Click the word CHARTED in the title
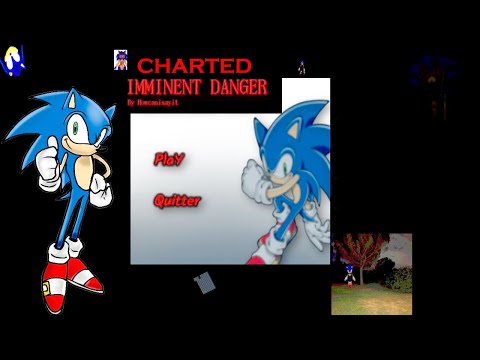coord(193,66)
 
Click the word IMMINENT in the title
coord(163,87)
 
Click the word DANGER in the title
coord(237,87)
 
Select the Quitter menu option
coord(177,201)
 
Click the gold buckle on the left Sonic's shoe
coord(46,290)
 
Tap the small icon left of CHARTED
coord(121,60)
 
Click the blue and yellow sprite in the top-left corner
coord(13,60)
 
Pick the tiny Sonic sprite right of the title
coord(301,68)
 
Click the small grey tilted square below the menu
coord(204,284)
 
